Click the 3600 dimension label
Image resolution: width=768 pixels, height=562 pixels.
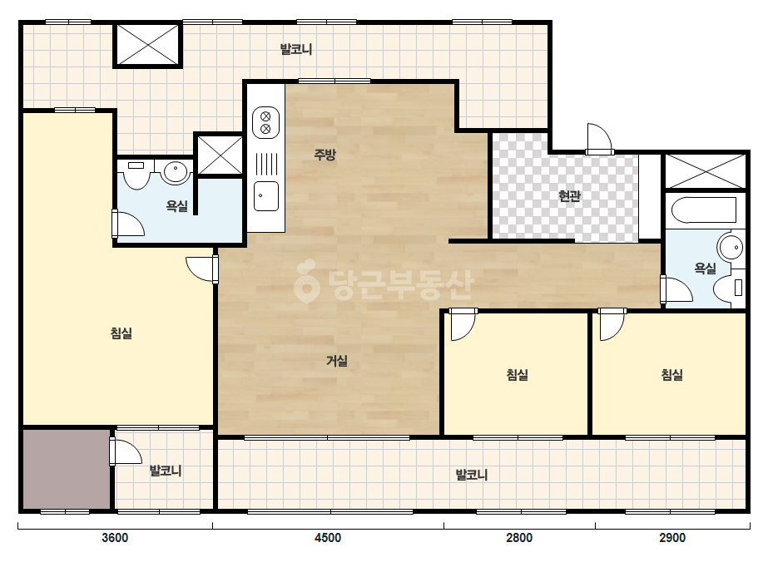115,538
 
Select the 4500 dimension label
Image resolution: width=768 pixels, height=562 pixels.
328,538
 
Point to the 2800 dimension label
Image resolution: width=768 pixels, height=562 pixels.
519,538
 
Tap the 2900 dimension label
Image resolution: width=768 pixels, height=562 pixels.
672,538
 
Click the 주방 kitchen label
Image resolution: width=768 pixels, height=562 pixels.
325,155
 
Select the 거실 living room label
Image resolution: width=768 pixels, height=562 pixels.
337,361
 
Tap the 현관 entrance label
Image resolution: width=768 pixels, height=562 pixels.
570,196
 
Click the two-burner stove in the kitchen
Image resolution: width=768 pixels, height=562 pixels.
265,122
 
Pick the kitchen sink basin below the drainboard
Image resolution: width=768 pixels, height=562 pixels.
266,196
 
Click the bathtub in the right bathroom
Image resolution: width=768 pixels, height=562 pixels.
704,210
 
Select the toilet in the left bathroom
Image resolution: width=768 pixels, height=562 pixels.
136,175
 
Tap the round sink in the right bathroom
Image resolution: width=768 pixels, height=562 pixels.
731,247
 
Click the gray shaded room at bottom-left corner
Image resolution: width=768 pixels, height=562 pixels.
66,470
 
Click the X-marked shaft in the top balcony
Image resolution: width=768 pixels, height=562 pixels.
148,45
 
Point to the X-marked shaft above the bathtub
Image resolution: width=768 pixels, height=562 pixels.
704,171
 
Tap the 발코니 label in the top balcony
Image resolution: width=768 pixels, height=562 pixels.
296,49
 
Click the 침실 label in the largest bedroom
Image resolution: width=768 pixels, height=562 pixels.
121,333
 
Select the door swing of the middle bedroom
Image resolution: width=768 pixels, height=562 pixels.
463,324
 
